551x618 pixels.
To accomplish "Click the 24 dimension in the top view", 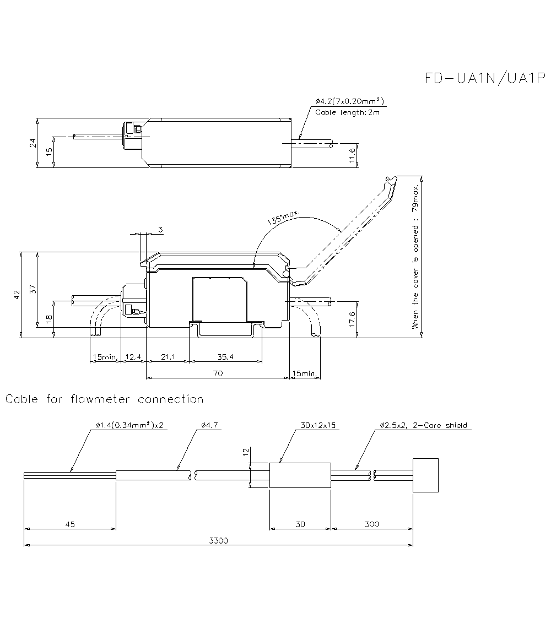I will click(x=33, y=142).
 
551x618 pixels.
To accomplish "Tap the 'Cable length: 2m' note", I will click(x=347, y=112).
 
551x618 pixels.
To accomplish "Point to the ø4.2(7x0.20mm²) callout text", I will click(x=350, y=101).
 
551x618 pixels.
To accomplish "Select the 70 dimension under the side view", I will click(x=218, y=373).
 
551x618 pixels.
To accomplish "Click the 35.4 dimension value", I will click(x=225, y=357).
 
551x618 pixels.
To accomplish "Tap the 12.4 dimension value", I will click(x=133, y=357).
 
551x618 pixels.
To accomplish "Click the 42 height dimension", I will click(x=17, y=295).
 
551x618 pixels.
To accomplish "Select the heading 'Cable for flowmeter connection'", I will click(x=105, y=399).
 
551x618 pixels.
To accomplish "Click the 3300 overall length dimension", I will click(x=218, y=541).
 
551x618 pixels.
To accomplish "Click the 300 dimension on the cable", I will click(x=371, y=524).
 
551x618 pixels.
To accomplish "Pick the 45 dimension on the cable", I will click(x=70, y=524).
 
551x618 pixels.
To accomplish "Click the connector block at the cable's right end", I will click(x=426, y=475).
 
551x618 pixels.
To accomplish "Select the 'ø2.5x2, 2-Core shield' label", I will click(x=423, y=425).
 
